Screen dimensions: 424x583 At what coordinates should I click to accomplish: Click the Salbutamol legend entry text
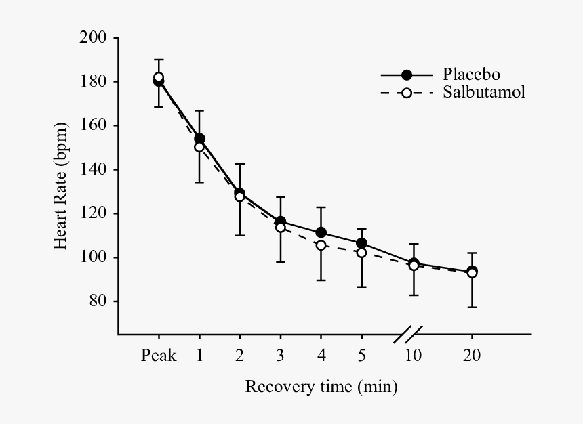tap(483, 92)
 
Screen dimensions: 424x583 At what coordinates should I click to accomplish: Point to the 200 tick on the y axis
tap(94, 37)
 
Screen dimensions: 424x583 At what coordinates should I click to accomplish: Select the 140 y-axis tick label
tap(94, 169)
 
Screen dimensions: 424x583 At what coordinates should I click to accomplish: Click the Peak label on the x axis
tap(159, 356)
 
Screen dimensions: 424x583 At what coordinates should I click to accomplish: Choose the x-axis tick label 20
tap(472, 356)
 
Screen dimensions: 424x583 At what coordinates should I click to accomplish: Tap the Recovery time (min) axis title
tap(321, 387)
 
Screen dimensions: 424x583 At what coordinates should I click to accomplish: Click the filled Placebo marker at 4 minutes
tap(321, 233)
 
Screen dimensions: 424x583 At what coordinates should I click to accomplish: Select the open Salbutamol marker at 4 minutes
tap(321, 245)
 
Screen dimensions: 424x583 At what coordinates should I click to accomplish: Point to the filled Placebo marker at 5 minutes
tap(361, 243)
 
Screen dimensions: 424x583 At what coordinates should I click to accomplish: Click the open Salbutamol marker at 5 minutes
tap(361, 253)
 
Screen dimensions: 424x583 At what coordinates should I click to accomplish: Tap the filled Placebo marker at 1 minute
tap(199, 138)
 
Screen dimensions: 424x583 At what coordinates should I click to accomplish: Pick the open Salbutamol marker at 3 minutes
tap(280, 228)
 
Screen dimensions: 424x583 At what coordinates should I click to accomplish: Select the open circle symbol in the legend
tap(407, 93)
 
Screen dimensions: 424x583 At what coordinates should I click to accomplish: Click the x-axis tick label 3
tap(280, 356)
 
